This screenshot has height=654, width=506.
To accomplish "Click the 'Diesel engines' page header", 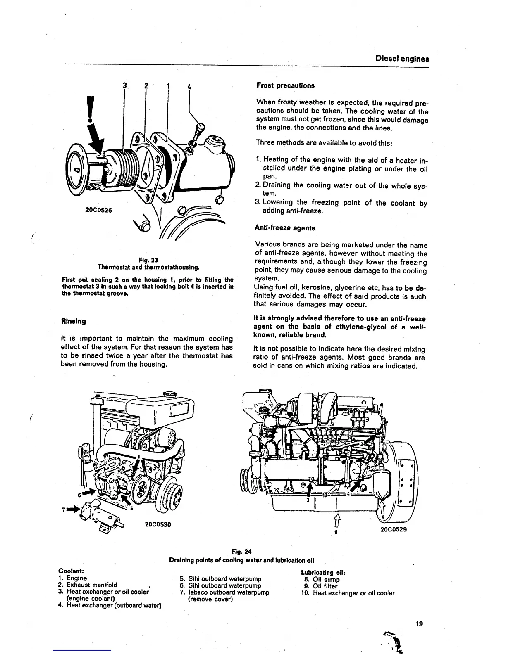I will (x=402, y=59).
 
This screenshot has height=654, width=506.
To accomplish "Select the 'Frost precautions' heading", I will (x=285, y=85).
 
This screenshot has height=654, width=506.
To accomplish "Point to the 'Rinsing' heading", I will (x=73, y=321).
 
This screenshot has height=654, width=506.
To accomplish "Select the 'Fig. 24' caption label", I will (x=242, y=552).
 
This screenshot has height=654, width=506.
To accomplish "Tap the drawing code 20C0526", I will (x=99, y=210).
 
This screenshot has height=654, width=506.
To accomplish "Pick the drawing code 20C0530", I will (x=158, y=525).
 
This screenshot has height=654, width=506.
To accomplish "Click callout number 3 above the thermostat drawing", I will (x=124, y=86).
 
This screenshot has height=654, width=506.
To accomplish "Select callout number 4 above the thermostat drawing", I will (x=189, y=86).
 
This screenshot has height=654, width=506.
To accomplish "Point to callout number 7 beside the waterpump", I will (x=64, y=509).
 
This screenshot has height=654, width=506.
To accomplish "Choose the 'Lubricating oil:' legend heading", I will (x=323, y=573).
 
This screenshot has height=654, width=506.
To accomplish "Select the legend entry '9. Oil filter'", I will (x=321, y=586).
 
